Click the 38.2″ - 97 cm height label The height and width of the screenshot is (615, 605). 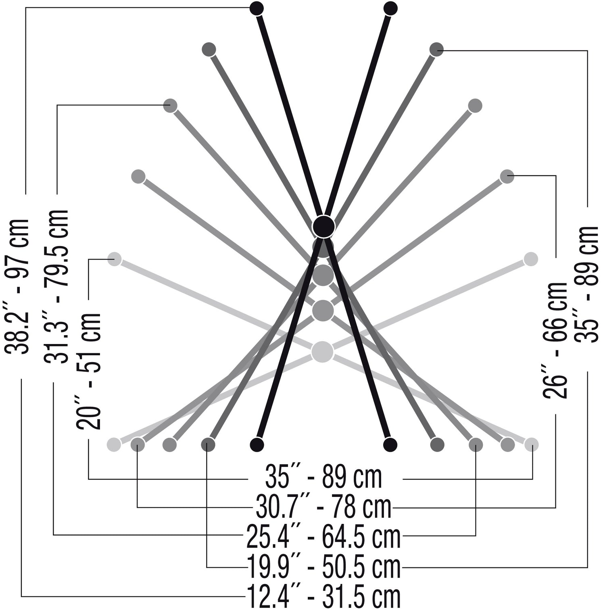pos(18,287)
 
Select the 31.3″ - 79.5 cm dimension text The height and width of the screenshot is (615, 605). pos(56,286)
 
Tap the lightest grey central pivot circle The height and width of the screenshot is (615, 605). pos(322,351)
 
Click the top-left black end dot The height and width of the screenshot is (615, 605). pos(257,8)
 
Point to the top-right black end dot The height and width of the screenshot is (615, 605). pos(390,8)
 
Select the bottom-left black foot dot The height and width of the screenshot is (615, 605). pos(257,444)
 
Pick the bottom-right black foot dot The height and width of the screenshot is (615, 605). pos(390,444)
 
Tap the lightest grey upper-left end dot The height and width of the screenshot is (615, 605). pos(115,259)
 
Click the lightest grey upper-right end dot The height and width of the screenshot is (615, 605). pos(531,259)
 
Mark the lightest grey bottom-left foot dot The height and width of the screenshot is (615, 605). pos(114,444)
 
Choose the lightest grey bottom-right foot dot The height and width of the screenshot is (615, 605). pos(532,444)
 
